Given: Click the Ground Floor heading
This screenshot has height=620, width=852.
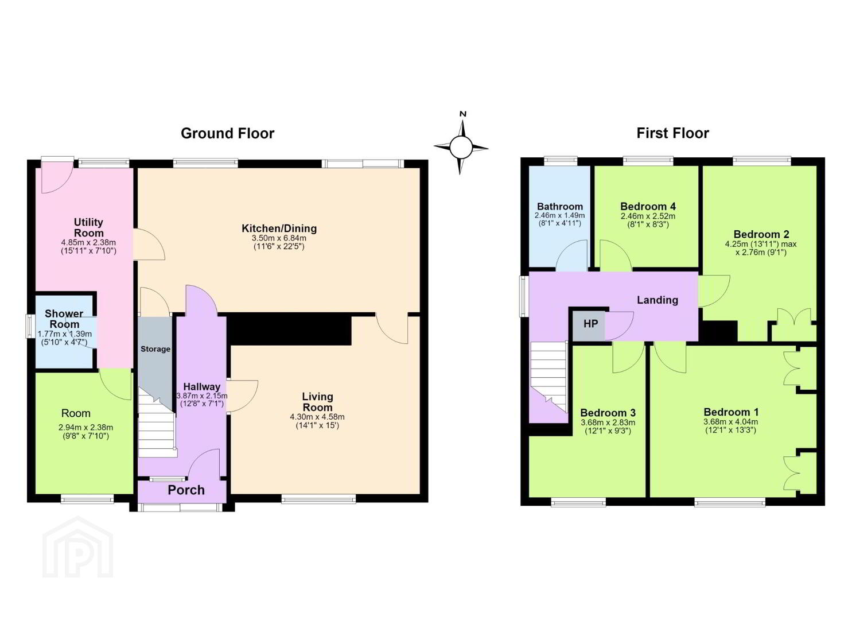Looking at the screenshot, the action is click(227, 134).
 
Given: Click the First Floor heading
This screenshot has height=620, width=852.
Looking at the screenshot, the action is click(672, 134).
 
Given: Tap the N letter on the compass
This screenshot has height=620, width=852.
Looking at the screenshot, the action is click(463, 114).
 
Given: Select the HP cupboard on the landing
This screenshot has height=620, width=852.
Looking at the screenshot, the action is click(589, 325).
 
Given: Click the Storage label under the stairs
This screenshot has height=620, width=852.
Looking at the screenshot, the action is click(155, 349).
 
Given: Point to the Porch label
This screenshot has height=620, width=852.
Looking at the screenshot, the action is click(186, 490).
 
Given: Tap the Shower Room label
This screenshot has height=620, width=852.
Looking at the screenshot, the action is click(64, 319).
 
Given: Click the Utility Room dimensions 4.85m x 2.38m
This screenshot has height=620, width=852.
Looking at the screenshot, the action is click(88, 242).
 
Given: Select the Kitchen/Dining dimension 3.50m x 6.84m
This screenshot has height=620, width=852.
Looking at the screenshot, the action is click(279, 238).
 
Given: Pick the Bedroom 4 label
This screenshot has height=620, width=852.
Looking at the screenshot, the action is click(648, 207).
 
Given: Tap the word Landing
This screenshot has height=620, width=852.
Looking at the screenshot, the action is click(658, 300).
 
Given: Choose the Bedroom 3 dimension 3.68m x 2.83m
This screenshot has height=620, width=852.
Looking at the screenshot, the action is click(608, 423).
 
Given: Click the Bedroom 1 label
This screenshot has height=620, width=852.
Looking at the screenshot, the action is click(731, 412).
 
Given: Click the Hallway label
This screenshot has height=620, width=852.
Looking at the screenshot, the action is click(201, 387).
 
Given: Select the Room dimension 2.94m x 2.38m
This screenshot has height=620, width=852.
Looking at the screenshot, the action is click(85, 428).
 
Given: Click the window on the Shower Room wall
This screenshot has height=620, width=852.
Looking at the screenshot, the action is click(29, 325).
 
